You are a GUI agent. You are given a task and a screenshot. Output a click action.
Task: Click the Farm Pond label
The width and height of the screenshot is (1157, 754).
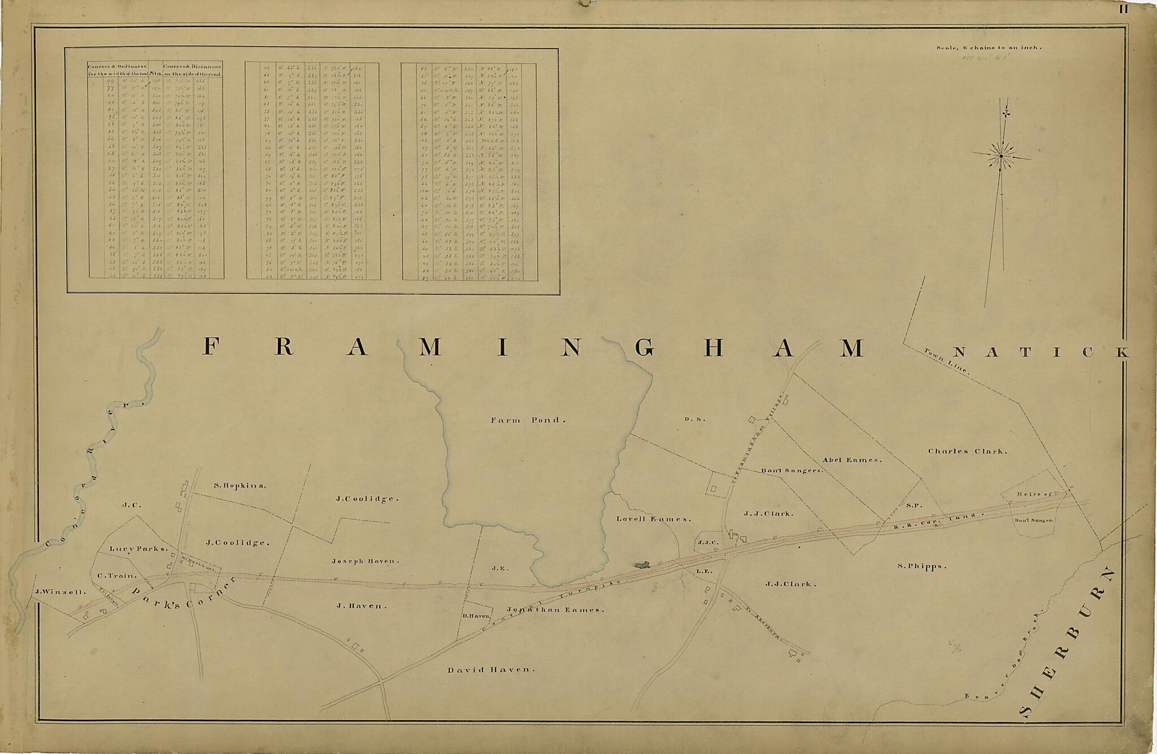[x=527, y=420]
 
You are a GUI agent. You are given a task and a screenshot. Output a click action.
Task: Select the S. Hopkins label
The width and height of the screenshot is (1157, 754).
[x=240, y=485]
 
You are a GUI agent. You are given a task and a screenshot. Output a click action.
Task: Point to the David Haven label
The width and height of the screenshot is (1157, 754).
[x=490, y=670]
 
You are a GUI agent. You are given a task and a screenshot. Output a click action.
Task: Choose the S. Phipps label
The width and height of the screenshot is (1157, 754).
[x=921, y=566]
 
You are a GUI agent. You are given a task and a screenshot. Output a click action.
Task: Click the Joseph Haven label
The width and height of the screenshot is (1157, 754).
[x=365, y=561]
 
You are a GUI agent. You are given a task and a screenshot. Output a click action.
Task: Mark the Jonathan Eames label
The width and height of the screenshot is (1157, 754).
[x=555, y=610]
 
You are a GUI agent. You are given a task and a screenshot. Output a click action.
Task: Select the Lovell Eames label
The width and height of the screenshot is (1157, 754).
[x=654, y=519]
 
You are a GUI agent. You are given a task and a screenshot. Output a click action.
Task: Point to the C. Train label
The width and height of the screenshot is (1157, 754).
[x=117, y=576]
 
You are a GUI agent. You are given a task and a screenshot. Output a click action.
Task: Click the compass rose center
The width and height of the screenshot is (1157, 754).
[x=1001, y=155]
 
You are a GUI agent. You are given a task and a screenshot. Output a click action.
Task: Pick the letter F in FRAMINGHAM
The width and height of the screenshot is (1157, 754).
[x=210, y=347]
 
